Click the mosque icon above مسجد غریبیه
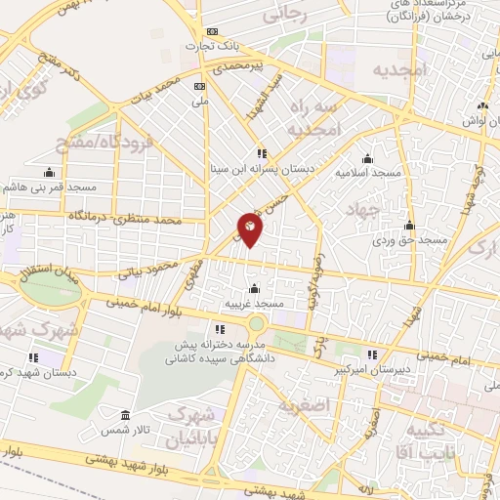click(x=255, y=289)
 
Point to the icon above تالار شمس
click(x=125, y=415)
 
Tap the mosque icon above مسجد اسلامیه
click(x=367, y=159)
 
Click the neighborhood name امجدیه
click(x=401, y=69)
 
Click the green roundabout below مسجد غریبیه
click(x=257, y=323)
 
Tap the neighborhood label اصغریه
click(x=300, y=405)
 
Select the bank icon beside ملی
click(x=199, y=86)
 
